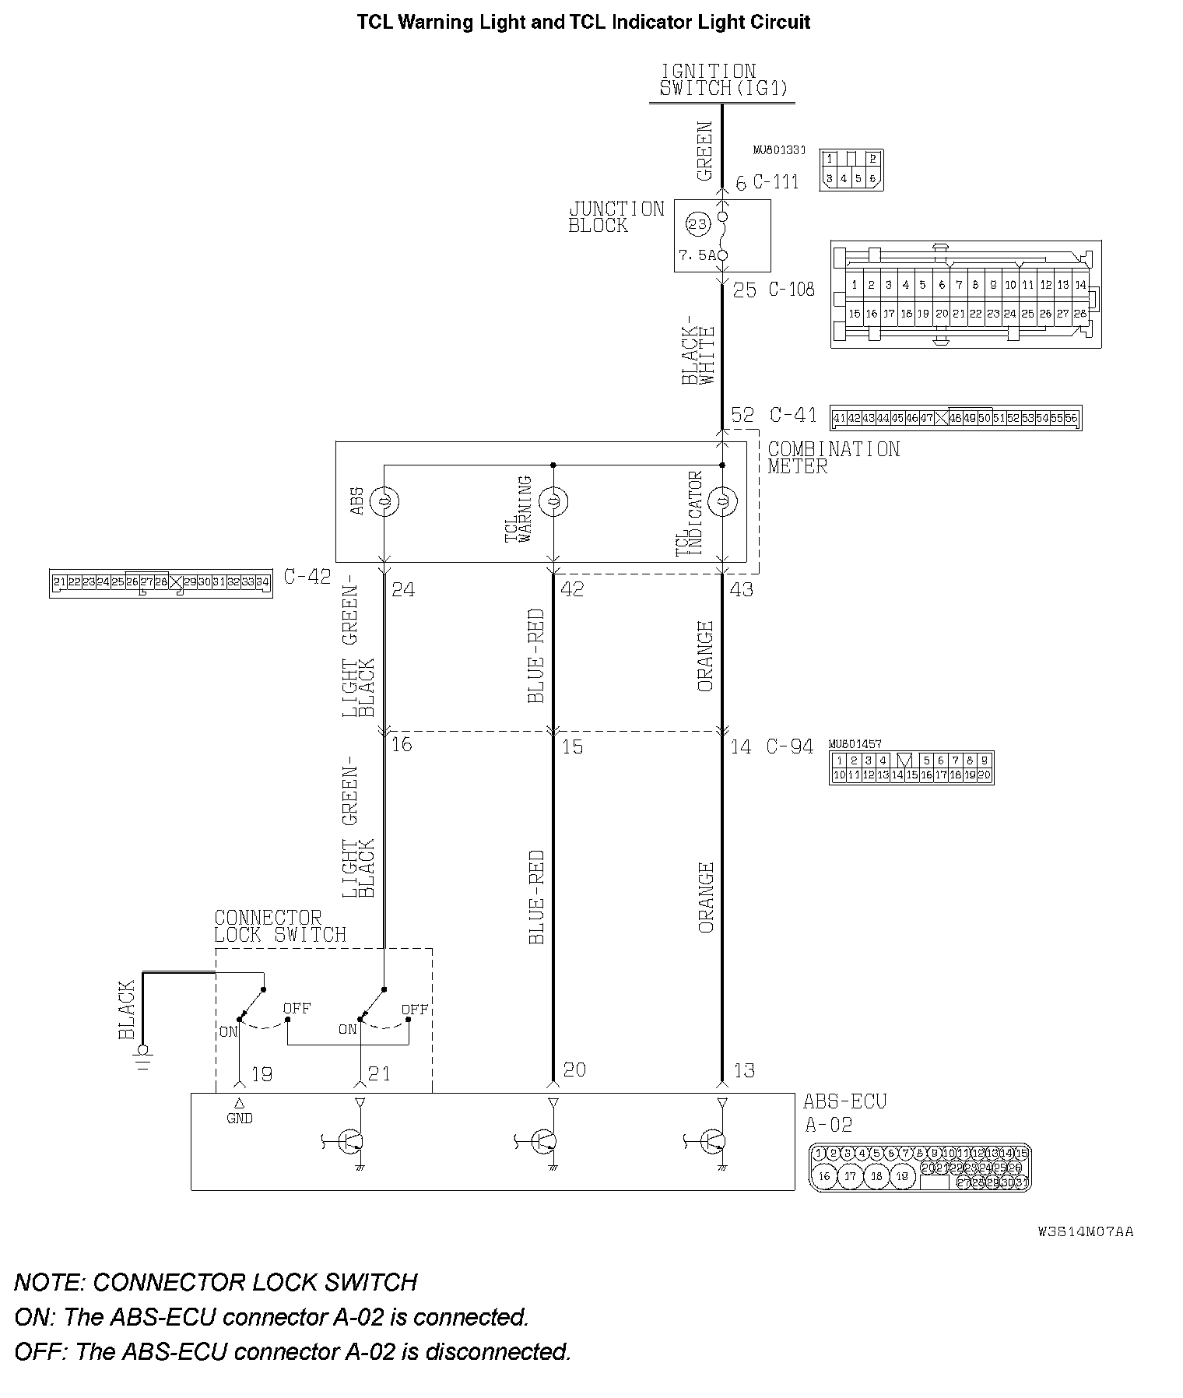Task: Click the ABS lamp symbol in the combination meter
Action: (384, 501)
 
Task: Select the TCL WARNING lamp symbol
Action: (553, 501)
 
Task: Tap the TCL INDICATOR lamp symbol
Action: (722, 501)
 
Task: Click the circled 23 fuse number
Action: (697, 225)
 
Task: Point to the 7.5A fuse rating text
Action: (697, 255)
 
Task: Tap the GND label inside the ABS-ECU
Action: (240, 1119)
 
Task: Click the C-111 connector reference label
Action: (776, 182)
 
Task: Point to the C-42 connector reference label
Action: (307, 577)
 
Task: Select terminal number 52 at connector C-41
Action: (742, 414)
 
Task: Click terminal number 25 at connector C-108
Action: (745, 290)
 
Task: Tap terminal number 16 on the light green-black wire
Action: (402, 744)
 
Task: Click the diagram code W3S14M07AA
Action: (1085, 1232)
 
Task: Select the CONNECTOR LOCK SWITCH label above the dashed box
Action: (279, 926)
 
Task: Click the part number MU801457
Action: (855, 745)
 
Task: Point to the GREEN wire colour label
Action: (704, 151)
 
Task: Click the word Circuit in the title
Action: (780, 22)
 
